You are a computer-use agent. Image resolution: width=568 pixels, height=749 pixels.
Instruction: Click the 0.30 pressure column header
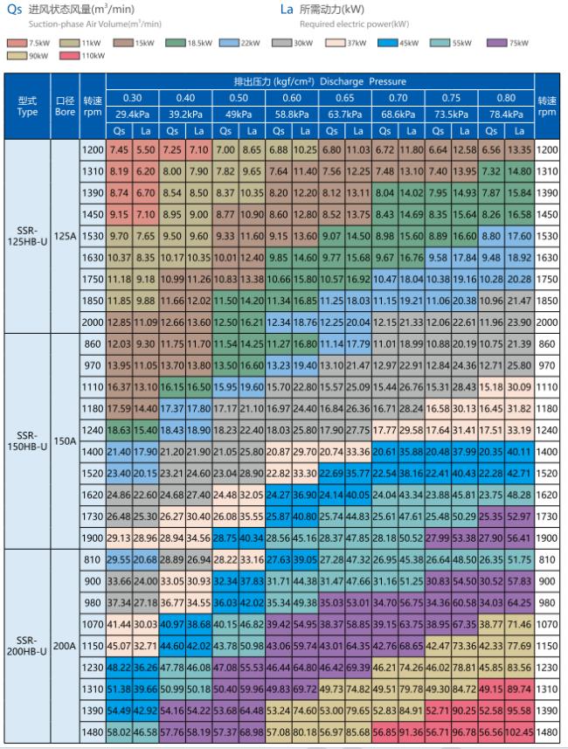[x=132, y=97]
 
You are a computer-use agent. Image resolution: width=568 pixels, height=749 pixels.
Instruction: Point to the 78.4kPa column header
[x=505, y=114]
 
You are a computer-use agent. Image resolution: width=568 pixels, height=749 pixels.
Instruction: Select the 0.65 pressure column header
[x=345, y=97]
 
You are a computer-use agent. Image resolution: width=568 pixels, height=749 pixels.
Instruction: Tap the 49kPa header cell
[x=239, y=114]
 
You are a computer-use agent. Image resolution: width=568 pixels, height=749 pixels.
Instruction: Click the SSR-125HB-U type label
[x=27, y=236]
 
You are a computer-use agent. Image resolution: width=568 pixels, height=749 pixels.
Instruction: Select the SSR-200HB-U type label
[x=27, y=647]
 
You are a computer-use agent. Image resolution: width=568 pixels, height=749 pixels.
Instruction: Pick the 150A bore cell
[x=66, y=441]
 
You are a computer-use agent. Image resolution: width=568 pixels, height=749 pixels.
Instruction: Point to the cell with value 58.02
[x=119, y=731]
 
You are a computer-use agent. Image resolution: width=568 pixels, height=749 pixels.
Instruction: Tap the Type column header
[x=27, y=106]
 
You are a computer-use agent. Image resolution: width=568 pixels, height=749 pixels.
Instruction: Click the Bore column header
[x=66, y=106]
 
